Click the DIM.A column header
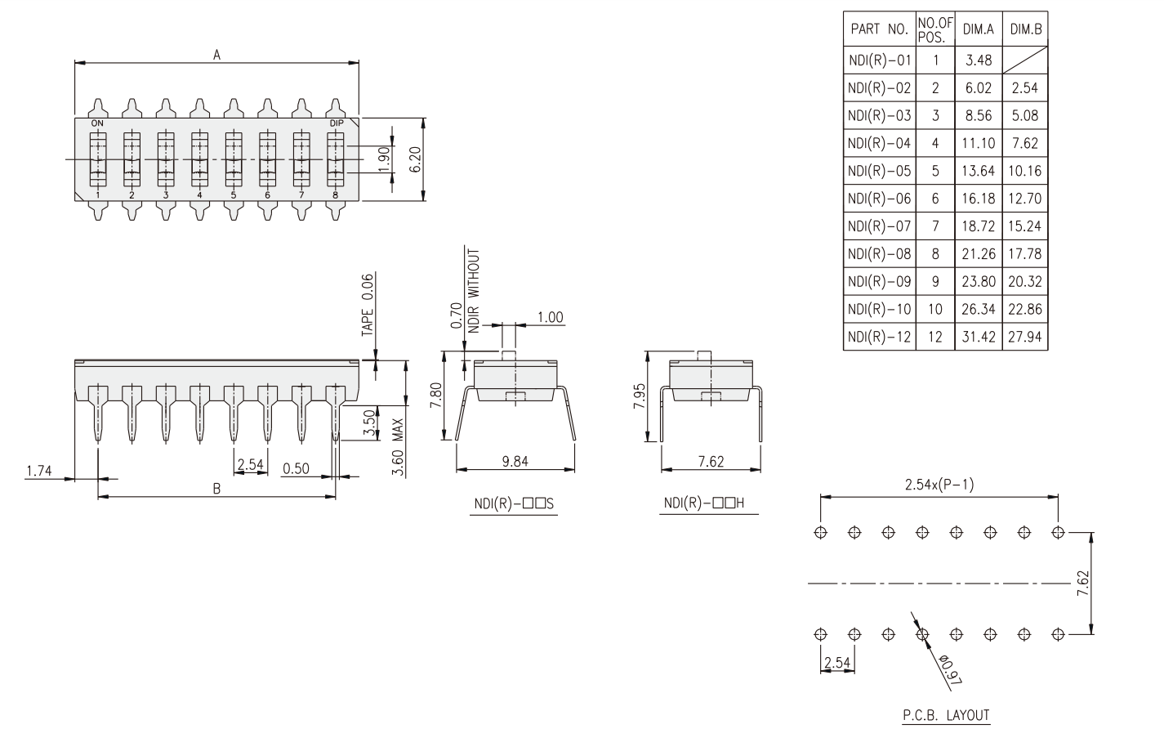(978, 29)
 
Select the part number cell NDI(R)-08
(879, 254)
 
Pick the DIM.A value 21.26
(978, 254)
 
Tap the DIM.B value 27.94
(1025, 337)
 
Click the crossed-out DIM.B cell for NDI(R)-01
(1025, 60)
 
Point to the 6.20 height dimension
(416, 159)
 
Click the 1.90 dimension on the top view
(384, 159)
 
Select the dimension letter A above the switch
(216, 55)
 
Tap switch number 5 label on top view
(233, 195)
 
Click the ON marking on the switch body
(97, 123)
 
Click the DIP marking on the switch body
(336, 123)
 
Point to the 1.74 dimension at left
(38, 471)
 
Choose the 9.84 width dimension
(515, 461)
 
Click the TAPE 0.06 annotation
(368, 305)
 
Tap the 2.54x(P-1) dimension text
(939, 485)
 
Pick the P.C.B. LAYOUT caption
(946, 715)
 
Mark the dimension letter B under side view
(216, 489)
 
